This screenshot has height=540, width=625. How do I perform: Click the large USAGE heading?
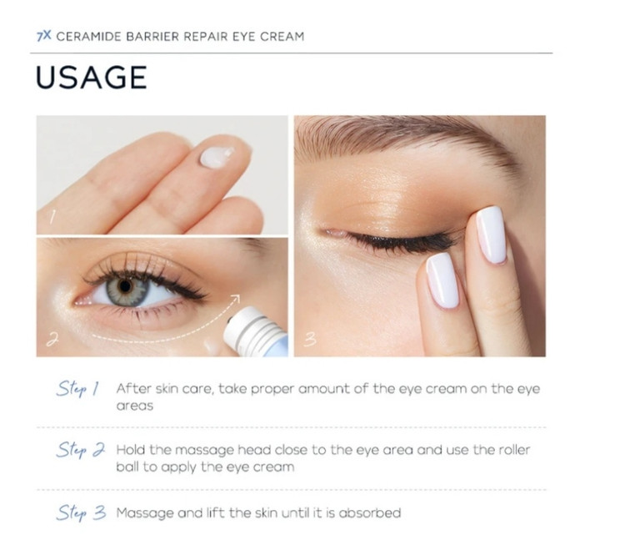(x=92, y=77)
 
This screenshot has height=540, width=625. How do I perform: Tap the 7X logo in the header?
(x=44, y=36)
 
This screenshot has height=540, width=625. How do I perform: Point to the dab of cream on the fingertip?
(x=217, y=157)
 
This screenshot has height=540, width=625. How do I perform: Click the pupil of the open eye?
(x=126, y=286)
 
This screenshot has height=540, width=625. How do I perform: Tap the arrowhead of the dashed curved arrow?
(x=235, y=299)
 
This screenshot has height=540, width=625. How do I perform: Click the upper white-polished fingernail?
(x=491, y=235)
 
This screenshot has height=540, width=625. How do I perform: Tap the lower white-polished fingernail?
(x=442, y=280)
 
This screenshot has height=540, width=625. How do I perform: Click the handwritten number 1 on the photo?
(x=52, y=217)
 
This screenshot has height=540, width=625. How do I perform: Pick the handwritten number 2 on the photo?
(x=52, y=340)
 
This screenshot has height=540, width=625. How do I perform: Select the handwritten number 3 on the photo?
(x=310, y=339)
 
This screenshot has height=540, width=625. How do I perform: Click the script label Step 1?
(x=77, y=389)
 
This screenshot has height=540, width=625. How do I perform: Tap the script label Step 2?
(x=81, y=450)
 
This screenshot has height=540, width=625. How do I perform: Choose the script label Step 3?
(x=81, y=512)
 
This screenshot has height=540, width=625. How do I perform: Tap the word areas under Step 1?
(x=135, y=406)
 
